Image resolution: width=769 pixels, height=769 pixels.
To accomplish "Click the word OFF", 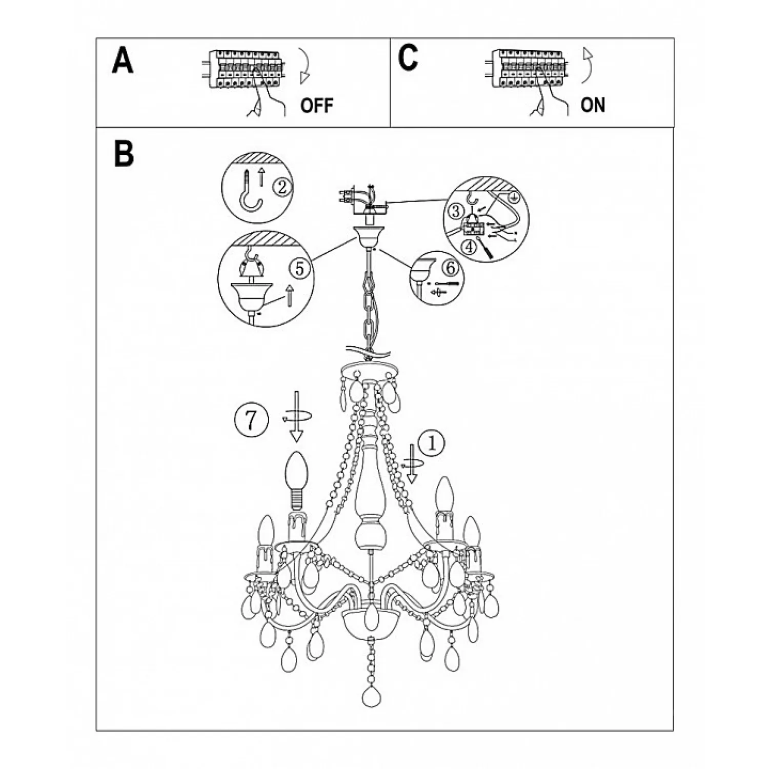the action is click(317, 106).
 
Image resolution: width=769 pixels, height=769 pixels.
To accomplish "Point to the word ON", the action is click(593, 105).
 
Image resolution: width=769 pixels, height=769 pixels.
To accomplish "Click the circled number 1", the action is click(432, 443).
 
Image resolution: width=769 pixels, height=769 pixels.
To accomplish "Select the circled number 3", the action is click(454, 210).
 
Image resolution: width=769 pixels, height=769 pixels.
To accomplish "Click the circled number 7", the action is click(251, 420).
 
